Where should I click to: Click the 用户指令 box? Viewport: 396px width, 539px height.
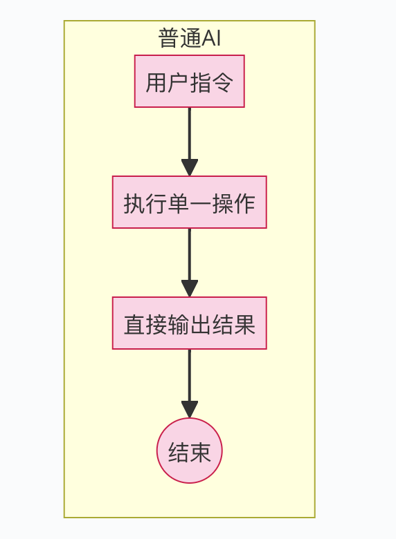[189, 82]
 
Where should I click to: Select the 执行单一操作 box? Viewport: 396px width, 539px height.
[189, 202]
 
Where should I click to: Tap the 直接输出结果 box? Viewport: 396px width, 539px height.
[189, 323]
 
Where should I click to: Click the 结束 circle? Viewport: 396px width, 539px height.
[189, 451]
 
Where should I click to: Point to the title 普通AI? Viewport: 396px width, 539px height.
[189, 39]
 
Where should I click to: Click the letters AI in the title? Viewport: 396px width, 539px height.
[210, 39]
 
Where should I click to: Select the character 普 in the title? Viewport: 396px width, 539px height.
[169, 39]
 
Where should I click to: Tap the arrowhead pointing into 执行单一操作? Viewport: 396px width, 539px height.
[189, 168]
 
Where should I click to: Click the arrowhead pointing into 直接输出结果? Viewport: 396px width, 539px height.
[189, 289]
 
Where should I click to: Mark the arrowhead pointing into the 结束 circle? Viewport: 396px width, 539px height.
[189, 410]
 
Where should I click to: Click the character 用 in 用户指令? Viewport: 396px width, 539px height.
[156, 82]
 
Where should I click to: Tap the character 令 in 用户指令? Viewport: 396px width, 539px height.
[223, 82]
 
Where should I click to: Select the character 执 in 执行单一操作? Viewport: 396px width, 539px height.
[134, 203]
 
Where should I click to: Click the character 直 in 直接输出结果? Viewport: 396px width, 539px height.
[134, 324]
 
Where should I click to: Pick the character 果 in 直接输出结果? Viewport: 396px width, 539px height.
[245, 324]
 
